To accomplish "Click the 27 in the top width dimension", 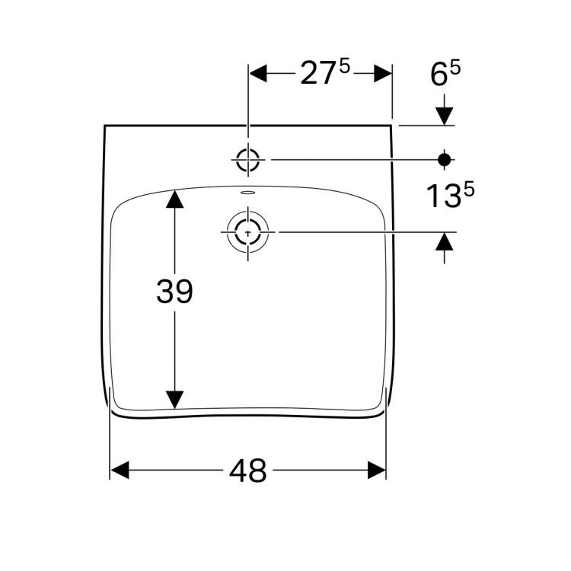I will (x=316, y=75).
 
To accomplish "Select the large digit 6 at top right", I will (x=439, y=75).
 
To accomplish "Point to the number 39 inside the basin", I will (x=175, y=292).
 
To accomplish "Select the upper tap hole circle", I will (x=248, y=160).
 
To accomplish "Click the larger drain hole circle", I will (x=247, y=231).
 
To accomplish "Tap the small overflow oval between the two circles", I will (x=247, y=193).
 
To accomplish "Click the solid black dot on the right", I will (x=445, y=159).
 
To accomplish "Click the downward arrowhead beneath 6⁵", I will (x=445, y=115).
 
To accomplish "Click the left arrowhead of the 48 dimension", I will (x=121, y=471).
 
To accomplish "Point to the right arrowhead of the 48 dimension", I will (x=377, y=471).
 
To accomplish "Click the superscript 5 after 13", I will (x=468, y=190).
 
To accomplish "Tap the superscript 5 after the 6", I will (x=456, y=68).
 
